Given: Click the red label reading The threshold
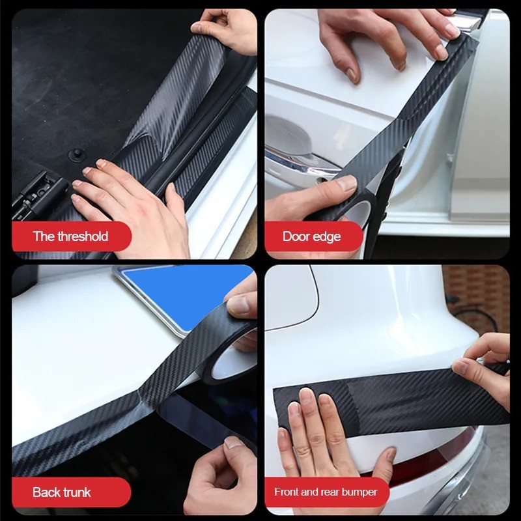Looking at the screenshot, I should point(70,236).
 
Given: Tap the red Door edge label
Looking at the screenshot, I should point(311,236).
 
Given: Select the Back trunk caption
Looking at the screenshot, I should point(62,492).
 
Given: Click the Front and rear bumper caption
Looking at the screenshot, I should point(326,492).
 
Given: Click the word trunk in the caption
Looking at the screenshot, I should point(76,492).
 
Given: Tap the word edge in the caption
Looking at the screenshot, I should point(327,236).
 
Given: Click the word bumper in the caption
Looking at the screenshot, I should point(360,492).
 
